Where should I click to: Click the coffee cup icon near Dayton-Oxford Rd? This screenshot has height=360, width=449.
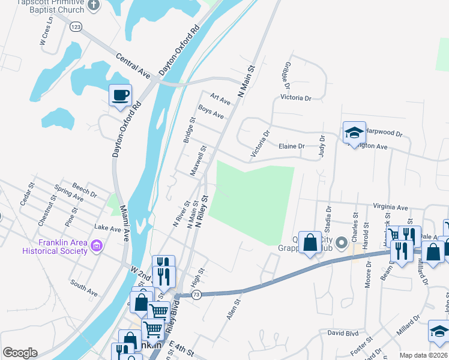120,95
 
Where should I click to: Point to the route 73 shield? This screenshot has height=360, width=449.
196,294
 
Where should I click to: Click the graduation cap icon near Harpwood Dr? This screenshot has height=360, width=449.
354,133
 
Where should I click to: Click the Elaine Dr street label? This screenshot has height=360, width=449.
292,146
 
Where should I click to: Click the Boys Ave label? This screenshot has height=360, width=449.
211,112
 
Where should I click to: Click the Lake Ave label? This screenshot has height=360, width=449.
108,228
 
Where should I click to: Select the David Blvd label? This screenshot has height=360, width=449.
342,332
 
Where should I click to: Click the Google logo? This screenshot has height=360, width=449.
20,353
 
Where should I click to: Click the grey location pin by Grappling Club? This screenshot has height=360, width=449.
342,243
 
